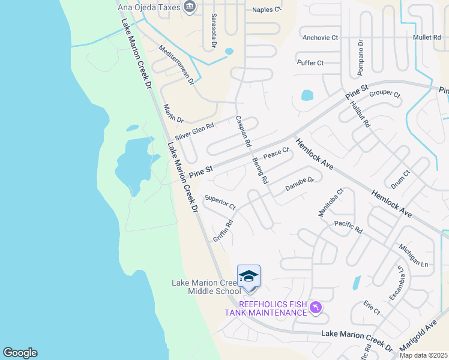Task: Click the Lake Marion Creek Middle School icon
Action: coord(249,277)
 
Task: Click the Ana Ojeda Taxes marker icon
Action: coord(190,7)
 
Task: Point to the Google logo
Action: coord(20,353)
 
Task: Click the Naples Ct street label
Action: coord(267,10)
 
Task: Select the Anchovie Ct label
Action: coord(321,37)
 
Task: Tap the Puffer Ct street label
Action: coord(310,62)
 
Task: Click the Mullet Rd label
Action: coord(427,37)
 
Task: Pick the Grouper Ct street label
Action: coord(385,94)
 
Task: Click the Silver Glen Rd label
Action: coord(194,131)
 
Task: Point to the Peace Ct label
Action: coord(276,154)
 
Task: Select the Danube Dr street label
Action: coord(300,184)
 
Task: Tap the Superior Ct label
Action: coord(220,202)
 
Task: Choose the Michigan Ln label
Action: coord(413,256)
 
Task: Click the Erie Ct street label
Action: coord(372,308)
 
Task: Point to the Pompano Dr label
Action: coord(361,58)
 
